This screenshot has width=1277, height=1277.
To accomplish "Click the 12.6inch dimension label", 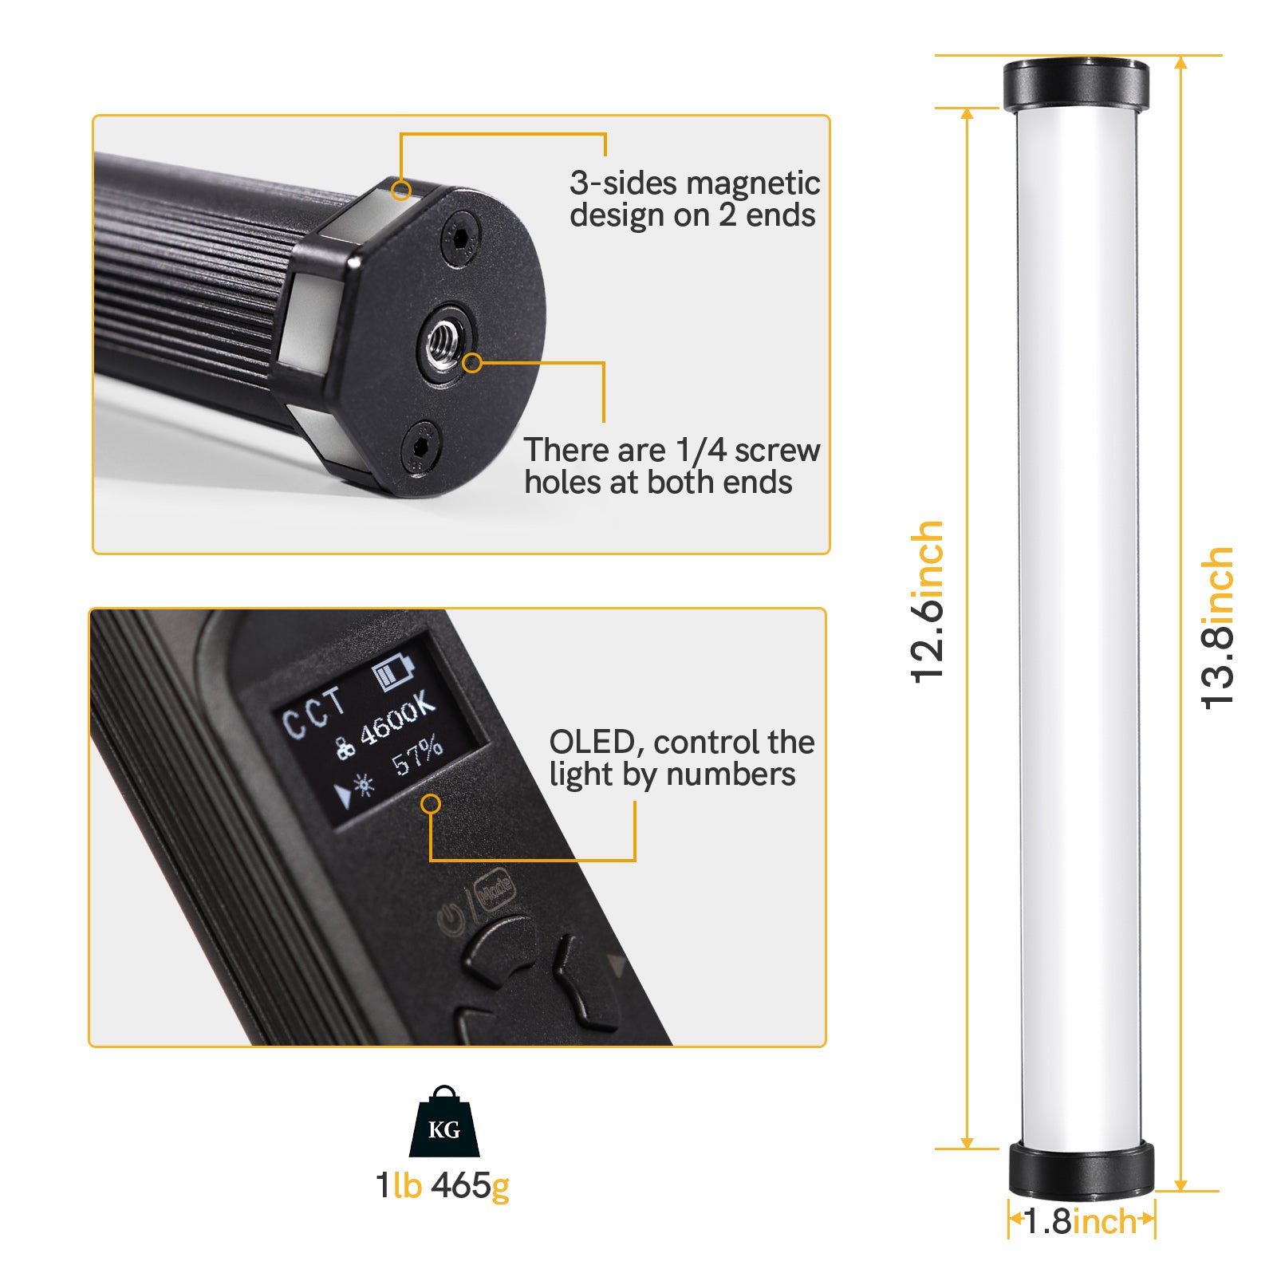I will [928, 602].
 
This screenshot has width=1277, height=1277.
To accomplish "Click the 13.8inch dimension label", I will [1218, 628].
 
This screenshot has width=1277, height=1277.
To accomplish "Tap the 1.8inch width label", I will [1081, 1221].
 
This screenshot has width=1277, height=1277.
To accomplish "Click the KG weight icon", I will [444, 1122].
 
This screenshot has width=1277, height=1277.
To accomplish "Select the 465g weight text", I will [470, 1186].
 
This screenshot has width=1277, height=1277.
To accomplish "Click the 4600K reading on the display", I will [396, 722].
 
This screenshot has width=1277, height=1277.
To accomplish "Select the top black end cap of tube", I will [1075, 85].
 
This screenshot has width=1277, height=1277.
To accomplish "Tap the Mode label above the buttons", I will [495, 889].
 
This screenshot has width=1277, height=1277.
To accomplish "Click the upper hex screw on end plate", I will [462, 237].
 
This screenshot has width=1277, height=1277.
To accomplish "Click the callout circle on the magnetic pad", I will [402, 190].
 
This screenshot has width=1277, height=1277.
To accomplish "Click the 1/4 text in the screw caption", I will [700, 451].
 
